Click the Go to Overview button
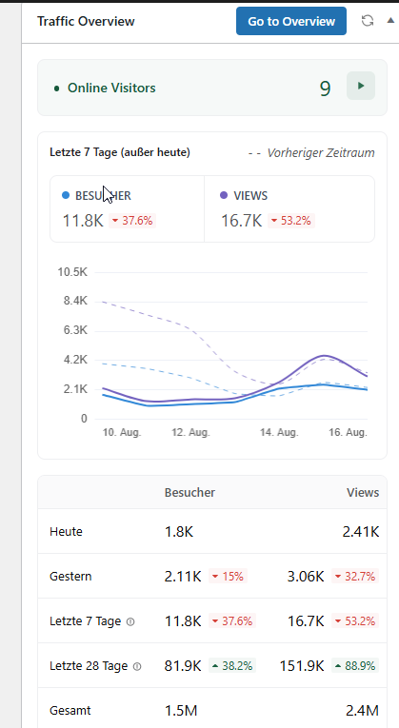point(291,21)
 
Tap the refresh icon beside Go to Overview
point(368,21)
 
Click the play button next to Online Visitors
point(361,86)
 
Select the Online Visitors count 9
point(325,89)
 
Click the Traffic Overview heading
point(86,21)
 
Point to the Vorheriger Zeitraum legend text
point(321,153)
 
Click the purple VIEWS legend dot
point(224,195)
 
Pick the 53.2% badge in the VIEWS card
point(291,221)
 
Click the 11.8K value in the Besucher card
point(83,221)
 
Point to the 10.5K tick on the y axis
point(72,272)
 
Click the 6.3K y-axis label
point(76,330)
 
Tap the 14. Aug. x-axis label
point(279,433)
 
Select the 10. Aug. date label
point(122,433)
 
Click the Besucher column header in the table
point(190,493)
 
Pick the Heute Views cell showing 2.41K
point(361,532)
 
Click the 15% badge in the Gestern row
point(228,576)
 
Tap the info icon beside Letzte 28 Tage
point(137,666)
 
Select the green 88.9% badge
point(355,666)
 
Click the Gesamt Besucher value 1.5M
point(181,710)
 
